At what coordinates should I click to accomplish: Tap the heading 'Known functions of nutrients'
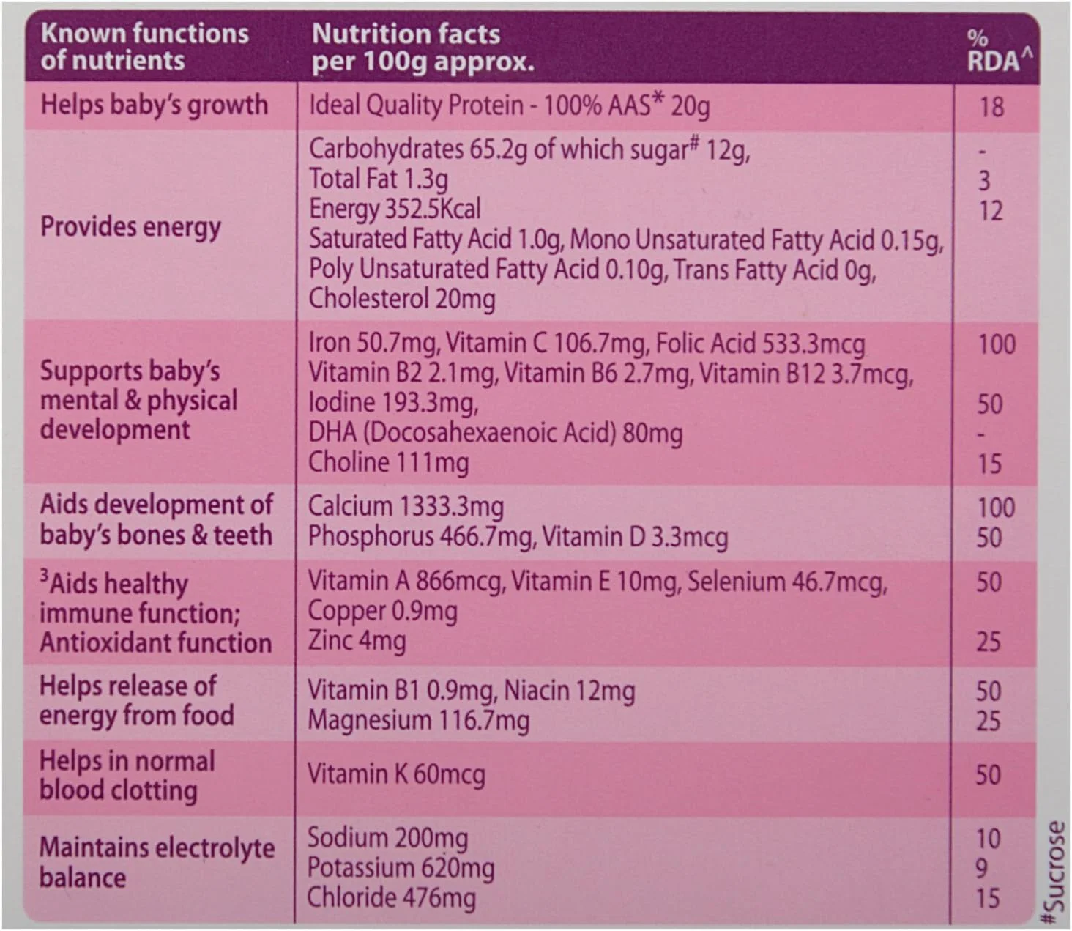144,47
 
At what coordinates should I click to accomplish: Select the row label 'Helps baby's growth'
154,105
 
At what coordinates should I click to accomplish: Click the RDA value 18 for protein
991,108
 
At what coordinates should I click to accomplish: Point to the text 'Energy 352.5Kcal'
395,209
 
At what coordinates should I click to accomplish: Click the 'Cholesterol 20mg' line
402,299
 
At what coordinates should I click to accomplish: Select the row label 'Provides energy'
130,227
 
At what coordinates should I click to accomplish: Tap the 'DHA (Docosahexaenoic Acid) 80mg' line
495,433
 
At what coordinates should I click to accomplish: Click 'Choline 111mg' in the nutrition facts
388,463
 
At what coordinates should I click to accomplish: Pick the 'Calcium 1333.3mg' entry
406,506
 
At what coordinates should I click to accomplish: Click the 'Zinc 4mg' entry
357,641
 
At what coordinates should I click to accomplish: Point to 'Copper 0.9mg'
382,611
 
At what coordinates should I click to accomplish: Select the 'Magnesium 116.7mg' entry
418,721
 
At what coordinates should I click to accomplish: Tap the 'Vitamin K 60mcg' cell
396,775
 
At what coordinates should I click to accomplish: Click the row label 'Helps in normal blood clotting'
127,776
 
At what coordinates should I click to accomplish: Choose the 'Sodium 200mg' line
387,838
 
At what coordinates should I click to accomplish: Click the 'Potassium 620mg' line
401,868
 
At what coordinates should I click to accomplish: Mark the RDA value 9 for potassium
982,869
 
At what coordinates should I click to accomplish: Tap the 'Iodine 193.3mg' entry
393,403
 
